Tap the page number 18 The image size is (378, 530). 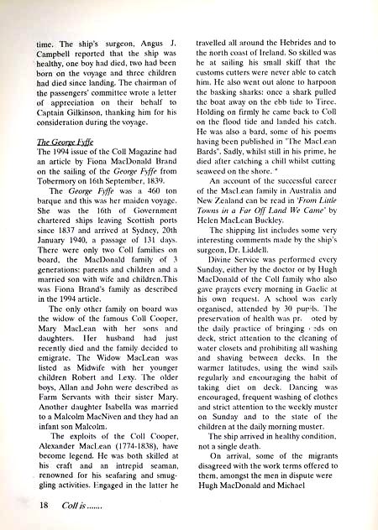[23, 506]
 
